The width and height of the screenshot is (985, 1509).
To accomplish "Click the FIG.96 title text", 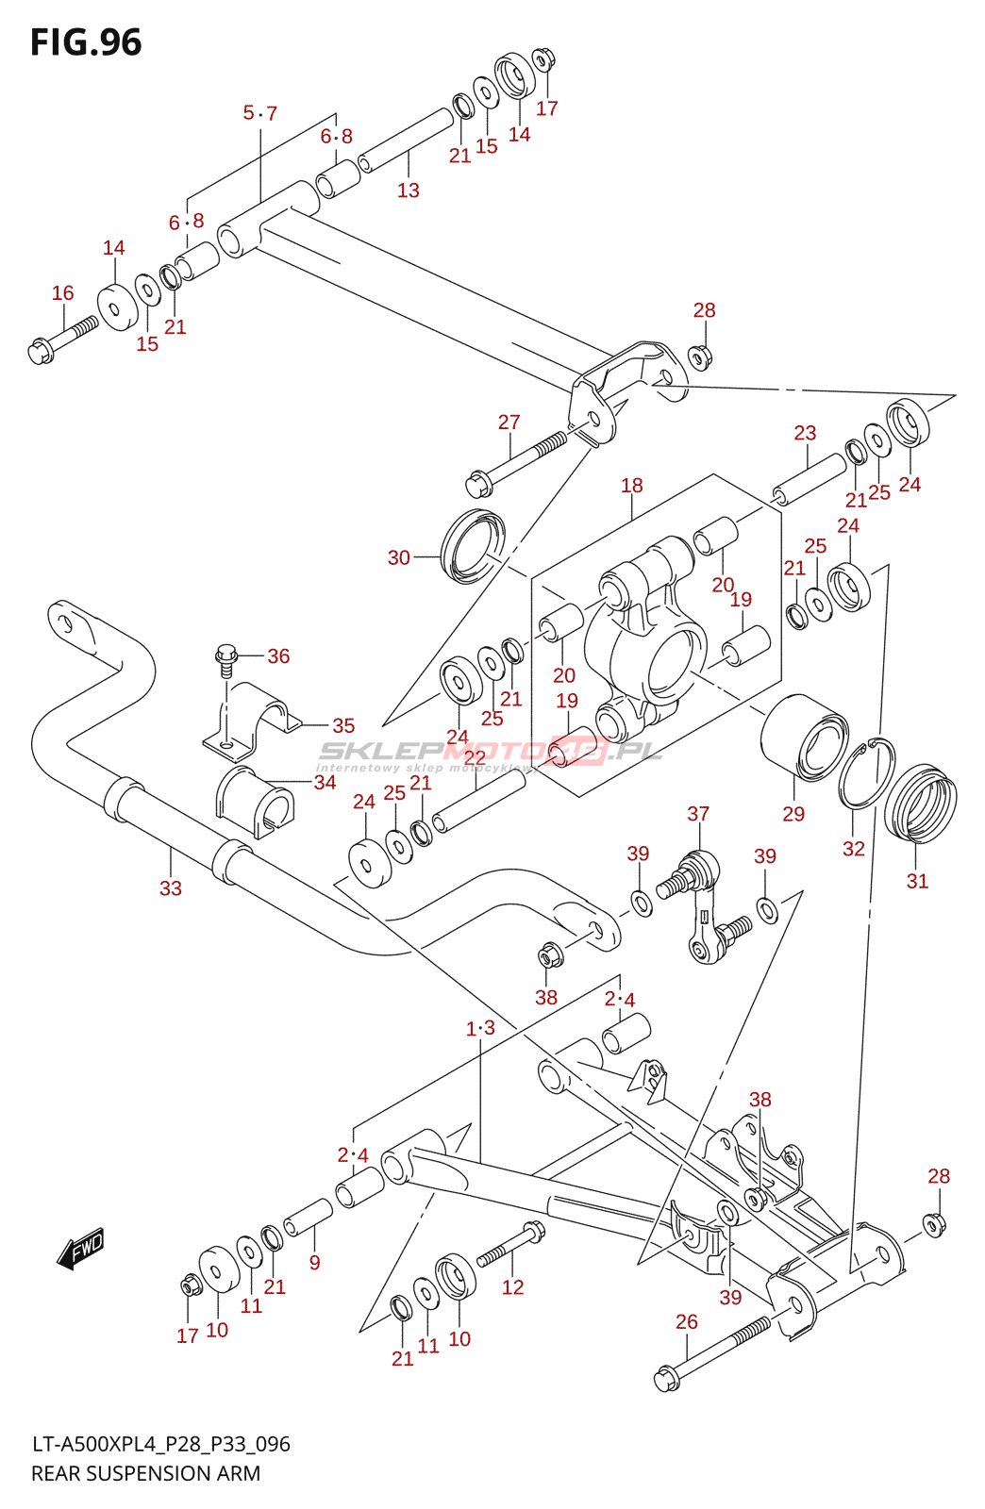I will [86, 42].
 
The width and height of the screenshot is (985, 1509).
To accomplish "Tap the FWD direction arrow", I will [81, 1249].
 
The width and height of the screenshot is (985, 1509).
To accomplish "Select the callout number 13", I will [408, 191].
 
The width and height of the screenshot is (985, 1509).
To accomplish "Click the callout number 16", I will [62, 293].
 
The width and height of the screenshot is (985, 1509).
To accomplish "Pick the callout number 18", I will [631, 486].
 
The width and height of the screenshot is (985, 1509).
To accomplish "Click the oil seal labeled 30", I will [473, 546].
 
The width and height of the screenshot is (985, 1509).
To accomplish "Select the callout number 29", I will [793, 814].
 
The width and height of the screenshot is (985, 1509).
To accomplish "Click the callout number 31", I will [917, 881].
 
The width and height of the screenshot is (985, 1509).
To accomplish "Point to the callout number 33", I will [170, 888].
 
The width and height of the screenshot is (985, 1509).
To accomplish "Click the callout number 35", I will [343, 725].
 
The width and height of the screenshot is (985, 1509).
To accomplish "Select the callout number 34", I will [325, 783].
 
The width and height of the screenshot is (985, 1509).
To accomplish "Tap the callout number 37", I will [698, 814].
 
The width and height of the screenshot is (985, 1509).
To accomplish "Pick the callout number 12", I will [512, 1287].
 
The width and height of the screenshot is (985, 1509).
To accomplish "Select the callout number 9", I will [314, 1262].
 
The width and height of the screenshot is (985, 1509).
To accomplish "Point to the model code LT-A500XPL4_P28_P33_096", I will [160, 1444].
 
